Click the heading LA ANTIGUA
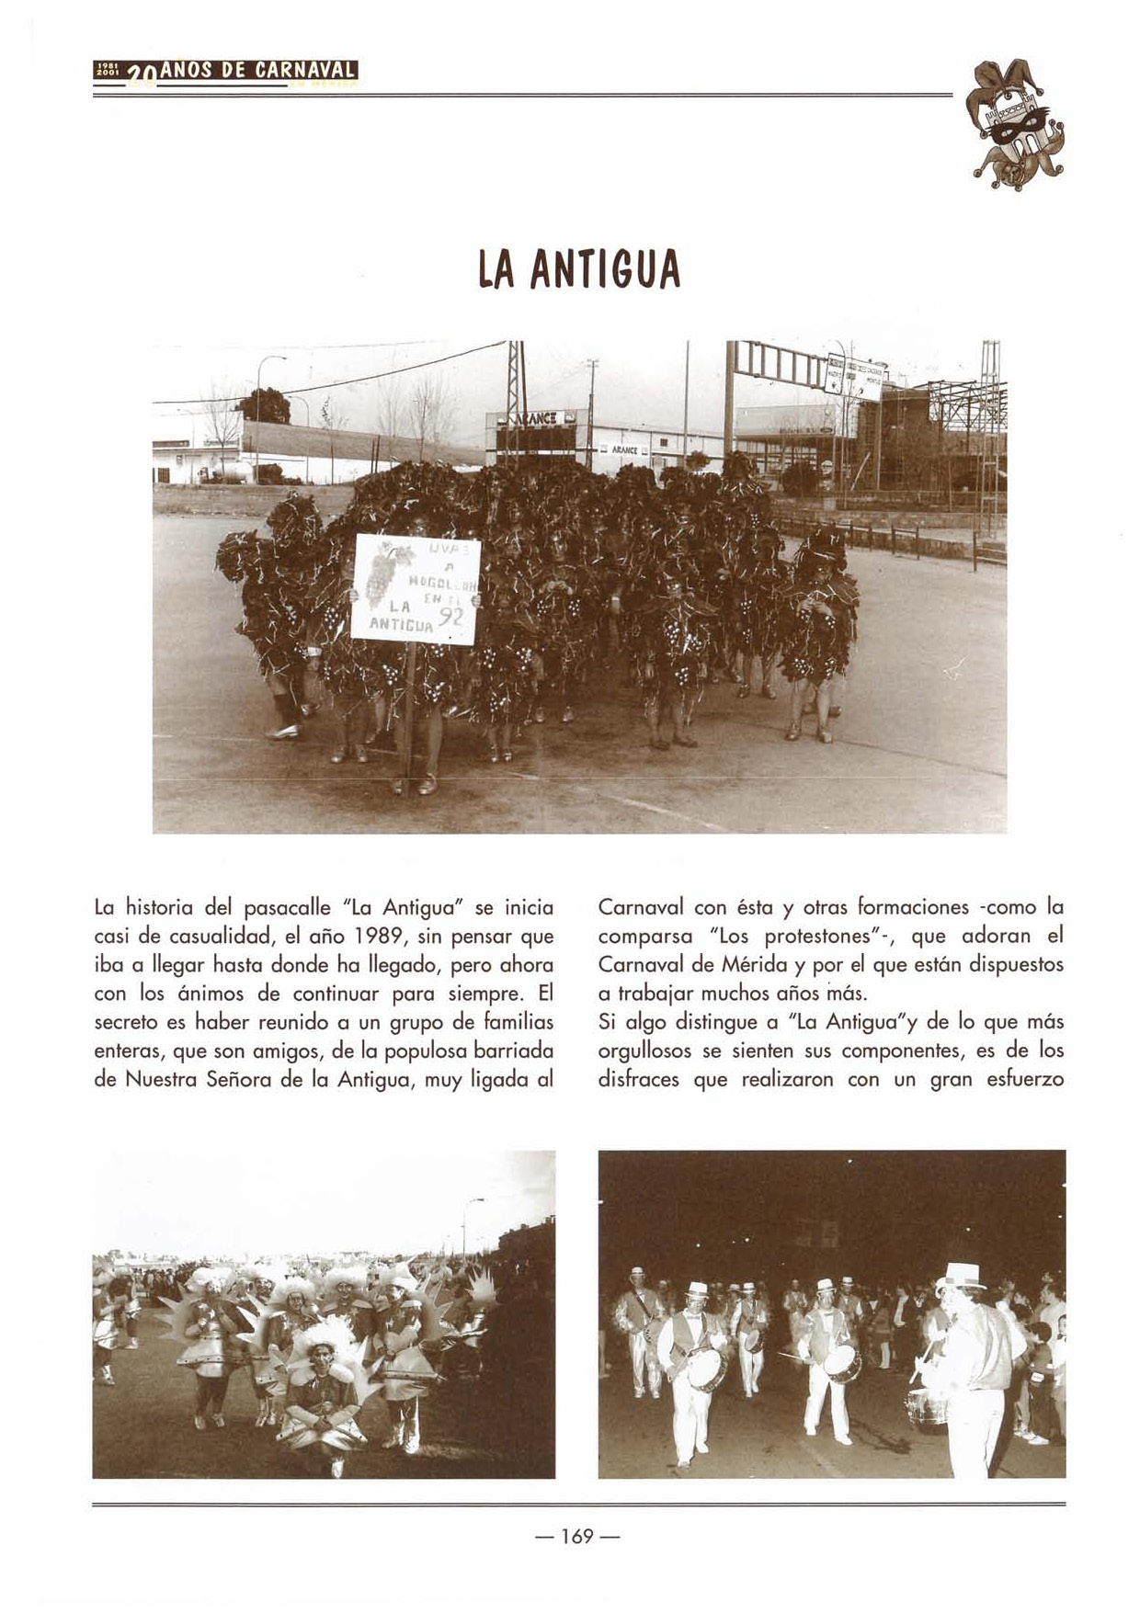[578, 268]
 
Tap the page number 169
[576, 1536]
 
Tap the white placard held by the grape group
[416, 588]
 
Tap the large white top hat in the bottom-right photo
[960, 1278]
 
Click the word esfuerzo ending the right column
[1024, 1079]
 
